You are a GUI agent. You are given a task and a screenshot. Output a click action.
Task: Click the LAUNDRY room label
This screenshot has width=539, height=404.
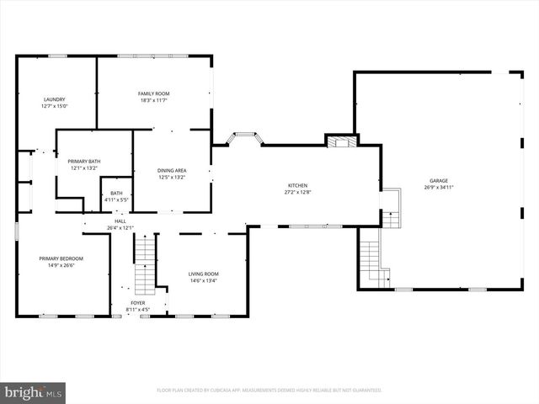click(x=55, y=99)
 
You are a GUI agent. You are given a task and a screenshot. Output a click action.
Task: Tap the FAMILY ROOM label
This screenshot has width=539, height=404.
click(x=154, y=93)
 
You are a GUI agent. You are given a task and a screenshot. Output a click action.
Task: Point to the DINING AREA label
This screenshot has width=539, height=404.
click(x=172, y=171)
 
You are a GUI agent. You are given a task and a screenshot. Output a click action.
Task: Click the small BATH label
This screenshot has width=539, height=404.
click(x=115, y=193)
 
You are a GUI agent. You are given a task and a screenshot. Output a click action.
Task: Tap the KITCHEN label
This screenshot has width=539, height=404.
click(x=297, y=185)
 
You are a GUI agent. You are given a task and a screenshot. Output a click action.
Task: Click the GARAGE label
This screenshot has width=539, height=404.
click(x=439, y=180)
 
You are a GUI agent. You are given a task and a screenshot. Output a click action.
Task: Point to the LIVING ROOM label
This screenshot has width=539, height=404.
click(x=203, y=274)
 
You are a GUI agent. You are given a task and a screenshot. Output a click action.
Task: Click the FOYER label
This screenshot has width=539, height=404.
click(x=138, y=302)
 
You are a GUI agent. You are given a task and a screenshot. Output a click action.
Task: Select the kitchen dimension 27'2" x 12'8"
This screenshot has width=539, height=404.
click(x=297, y=192)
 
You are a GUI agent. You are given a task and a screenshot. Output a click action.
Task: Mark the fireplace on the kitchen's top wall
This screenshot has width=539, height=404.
click(x=341, y=141)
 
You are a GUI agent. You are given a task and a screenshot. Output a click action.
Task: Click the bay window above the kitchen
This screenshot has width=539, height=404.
click(x=244, y=136)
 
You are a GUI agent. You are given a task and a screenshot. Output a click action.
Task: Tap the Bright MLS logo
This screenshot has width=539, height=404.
click(x=34, y=392)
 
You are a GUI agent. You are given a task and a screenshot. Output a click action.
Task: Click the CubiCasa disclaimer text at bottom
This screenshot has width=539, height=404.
click(x=269, y=390)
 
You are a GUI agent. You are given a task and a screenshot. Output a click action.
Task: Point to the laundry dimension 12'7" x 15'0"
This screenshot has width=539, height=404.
click(x=55, y=106)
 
